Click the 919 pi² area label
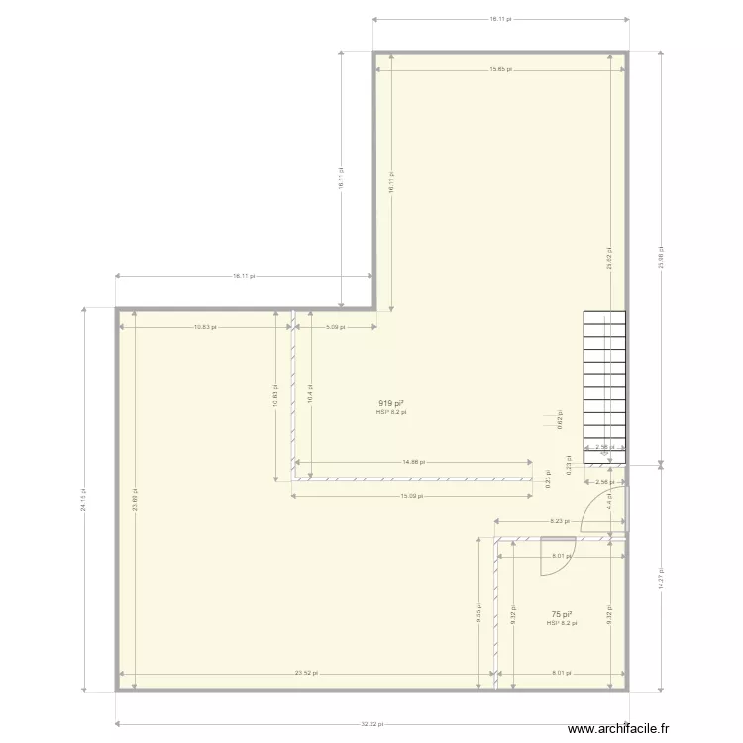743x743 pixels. (390, 403)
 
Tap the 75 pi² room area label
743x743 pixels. (561, 614)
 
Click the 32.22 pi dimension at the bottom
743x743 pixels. (372, 724)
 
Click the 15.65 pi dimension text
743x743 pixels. (500, 69)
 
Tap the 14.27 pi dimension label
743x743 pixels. (661, 577)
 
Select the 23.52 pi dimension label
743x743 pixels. (307, 674)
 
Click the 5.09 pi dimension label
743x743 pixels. (335, 326)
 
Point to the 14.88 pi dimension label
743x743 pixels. (414, 462)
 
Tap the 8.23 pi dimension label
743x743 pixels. (559, 521)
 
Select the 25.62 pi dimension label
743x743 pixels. (609, 260)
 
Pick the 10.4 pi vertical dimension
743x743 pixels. (311, 396)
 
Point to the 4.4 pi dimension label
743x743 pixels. (609, 501)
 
